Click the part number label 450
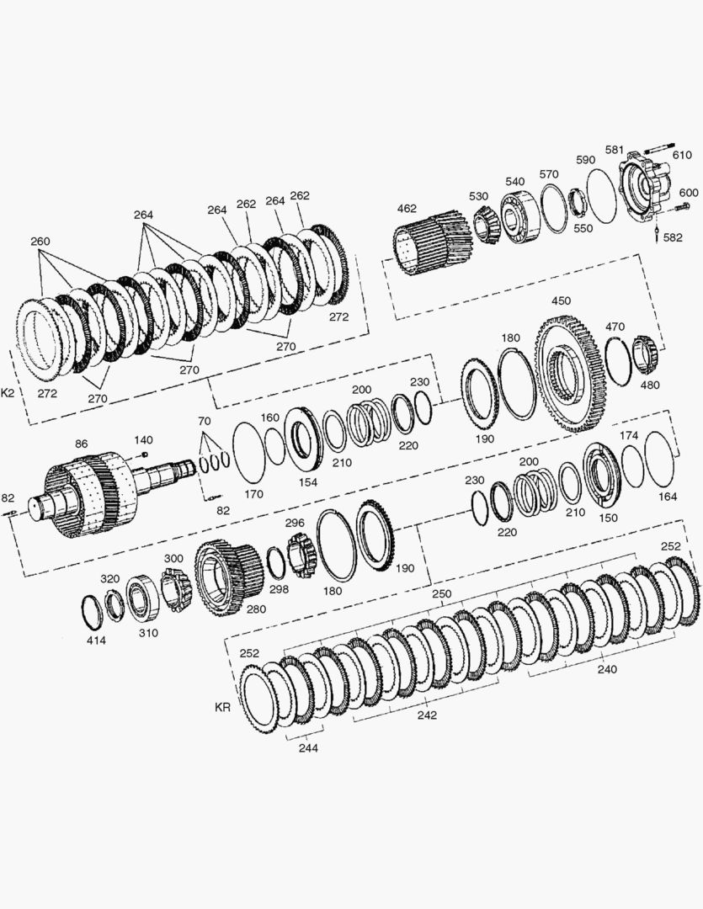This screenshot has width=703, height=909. [x=561, y=300]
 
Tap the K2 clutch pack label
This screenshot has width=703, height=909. [x=8, y=393]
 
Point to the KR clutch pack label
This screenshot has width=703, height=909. [x=222, y=707]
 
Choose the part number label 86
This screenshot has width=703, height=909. [x=81, y=444]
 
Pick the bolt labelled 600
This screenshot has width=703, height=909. [x=682, y=207]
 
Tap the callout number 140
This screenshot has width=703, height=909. [x=143, y=440]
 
